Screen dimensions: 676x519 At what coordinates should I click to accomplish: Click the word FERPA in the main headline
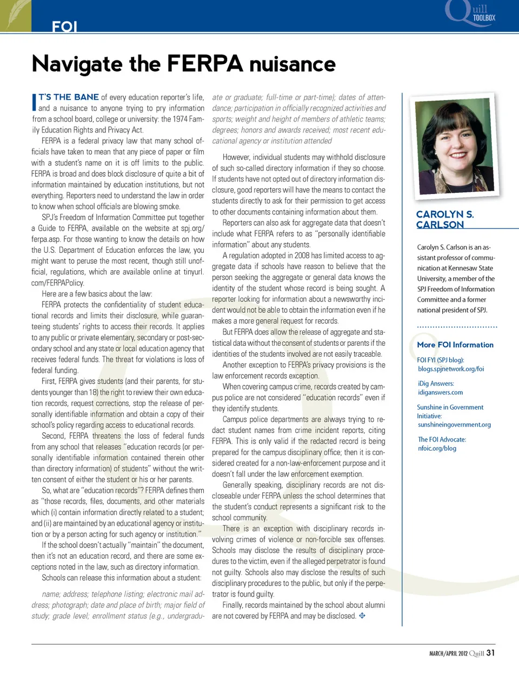coord(204,64)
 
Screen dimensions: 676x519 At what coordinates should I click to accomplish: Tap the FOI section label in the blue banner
coord(64,26)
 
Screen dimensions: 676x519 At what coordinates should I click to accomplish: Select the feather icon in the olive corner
coord(15,15)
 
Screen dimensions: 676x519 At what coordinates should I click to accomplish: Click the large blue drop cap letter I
coord(34,102)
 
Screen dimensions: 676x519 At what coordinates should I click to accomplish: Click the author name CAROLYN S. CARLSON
coord(445,219)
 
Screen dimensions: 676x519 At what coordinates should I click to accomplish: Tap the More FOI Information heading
coord(455,345)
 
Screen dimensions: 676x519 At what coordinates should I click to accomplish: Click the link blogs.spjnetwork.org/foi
coord(451,369)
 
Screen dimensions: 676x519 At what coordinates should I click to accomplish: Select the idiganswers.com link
coord(440,392)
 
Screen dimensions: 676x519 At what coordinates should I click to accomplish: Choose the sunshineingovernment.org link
coord(454,425)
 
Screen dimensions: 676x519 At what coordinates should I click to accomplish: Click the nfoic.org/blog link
coord(437,448)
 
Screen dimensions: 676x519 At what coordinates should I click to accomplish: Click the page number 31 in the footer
coord(490,652)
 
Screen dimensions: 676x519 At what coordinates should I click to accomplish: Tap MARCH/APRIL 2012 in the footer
coord(448,653)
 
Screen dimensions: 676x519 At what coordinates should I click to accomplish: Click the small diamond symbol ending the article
coord(362,615)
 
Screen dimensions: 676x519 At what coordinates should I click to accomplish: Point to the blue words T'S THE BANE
coord(69,97)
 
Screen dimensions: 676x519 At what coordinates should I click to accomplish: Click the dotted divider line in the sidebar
coord(457,327)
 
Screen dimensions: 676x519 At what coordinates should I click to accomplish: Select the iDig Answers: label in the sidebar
coord(435,384)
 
